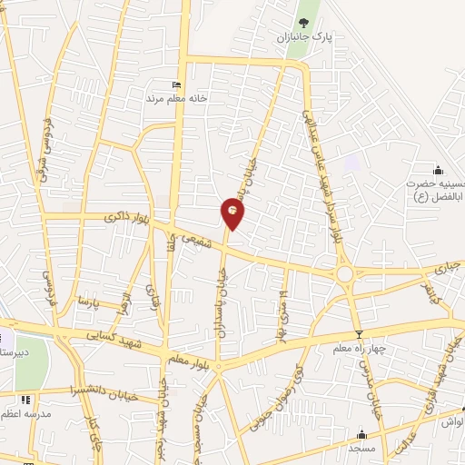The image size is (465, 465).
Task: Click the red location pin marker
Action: (232, 213)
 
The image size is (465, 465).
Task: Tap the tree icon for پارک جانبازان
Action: (302, 23)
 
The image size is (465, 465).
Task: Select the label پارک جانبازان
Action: (305, 39)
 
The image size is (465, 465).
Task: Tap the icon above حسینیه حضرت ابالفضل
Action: (439, 170)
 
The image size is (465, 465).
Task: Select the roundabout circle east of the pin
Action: (344, 272)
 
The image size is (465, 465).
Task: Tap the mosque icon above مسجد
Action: (362, 433)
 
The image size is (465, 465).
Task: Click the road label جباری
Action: (445, 268)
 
